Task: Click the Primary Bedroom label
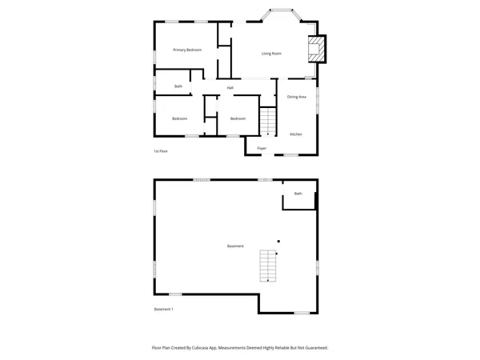coord(187,50)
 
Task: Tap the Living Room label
coord(271,54)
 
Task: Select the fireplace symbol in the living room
coord(318,48)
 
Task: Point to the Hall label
coord(230,87)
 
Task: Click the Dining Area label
coord(297,97)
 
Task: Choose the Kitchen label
coord(296,134)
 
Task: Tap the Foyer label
coord(262,148)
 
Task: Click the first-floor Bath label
coord(178,86)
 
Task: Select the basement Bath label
coord(298,194)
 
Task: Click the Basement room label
coord(235,246)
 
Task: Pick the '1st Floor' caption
coord(161,150)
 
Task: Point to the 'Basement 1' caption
coord(163,309)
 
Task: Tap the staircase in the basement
coord(267,266)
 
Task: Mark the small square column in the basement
coord(278,241)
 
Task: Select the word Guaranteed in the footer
coord(314,348)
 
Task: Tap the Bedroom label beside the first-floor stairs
coord(238,118)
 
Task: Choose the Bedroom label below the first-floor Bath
coord(179,118)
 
